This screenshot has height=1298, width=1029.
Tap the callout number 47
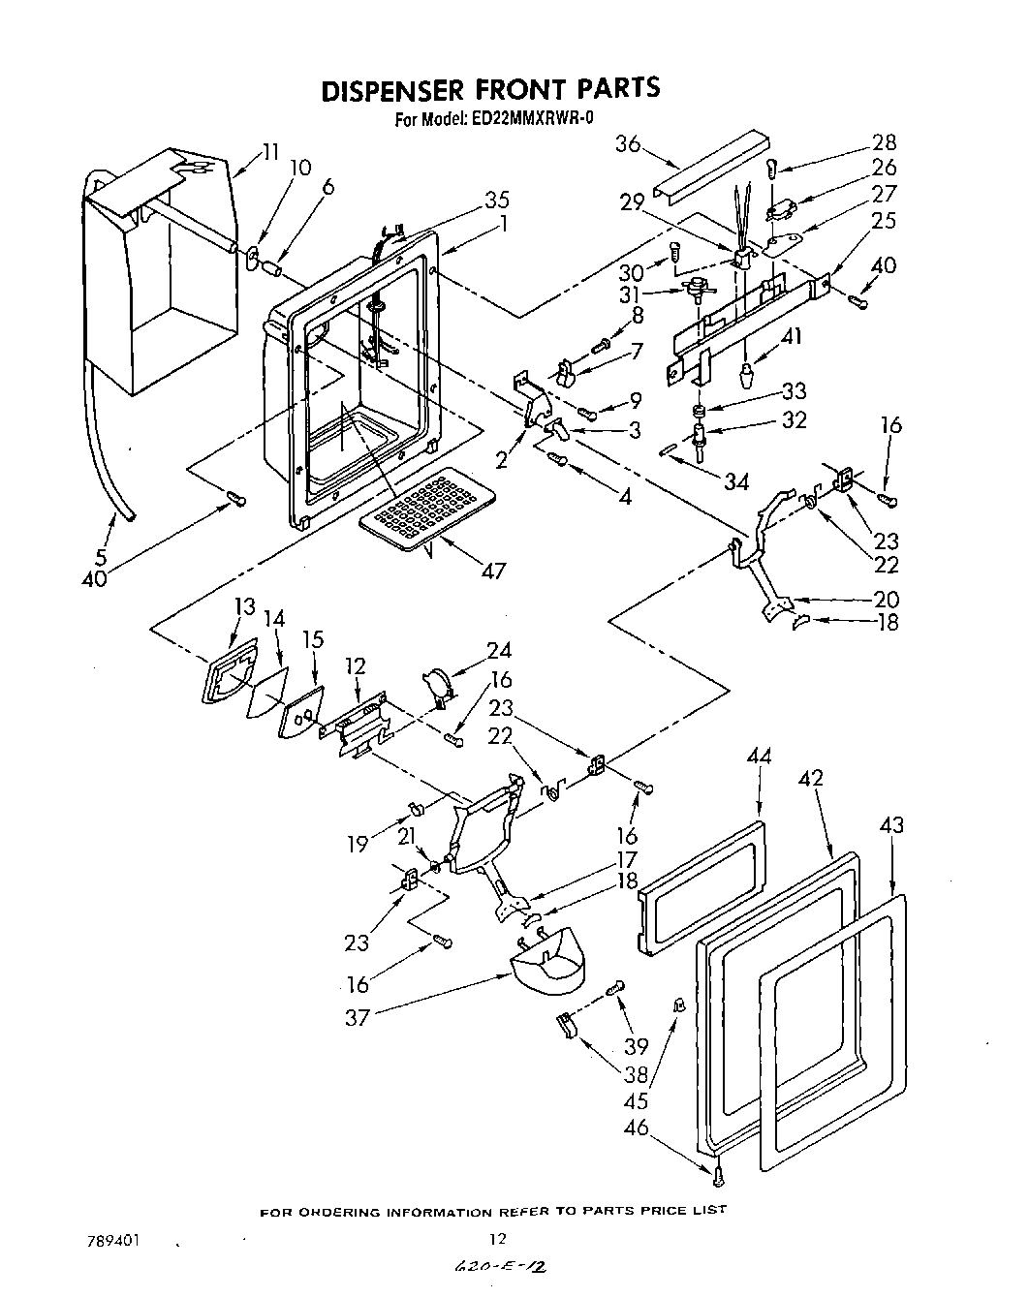point(493,571)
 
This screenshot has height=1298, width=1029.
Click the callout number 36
point(628,143)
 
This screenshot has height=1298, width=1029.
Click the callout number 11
point(270,151)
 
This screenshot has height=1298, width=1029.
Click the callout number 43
point(890,824)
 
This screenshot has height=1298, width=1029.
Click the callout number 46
point(635,1128)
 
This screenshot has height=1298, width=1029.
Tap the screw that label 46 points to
point(717,1176)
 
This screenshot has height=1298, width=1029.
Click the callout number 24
point(499,650)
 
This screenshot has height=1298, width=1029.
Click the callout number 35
point(496,201)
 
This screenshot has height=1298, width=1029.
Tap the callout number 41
point(792,337)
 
